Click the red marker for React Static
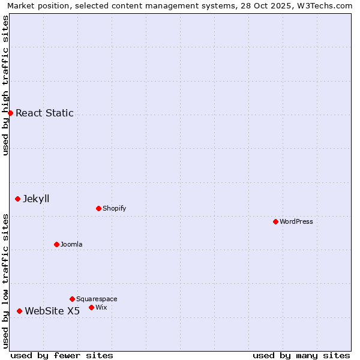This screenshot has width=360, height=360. [x=10, y=113]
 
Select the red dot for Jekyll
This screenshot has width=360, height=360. [x=17, y=199]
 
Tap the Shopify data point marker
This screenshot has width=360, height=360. [x=98, y=208]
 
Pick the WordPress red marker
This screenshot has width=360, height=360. [x=275, y=221]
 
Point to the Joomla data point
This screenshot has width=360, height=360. [x=56, y=244]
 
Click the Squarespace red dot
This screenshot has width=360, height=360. [x=72, y=299]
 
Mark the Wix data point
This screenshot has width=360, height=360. [x=91, y=307]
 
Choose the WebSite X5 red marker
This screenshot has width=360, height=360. [x=19, y=311]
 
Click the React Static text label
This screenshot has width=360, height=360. [x=44, y=113]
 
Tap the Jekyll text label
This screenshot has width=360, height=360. [x=36, y=199]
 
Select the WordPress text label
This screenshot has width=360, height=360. [x=296, y=221]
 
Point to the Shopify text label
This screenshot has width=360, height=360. [x=114, y=208]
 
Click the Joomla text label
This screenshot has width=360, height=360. [x=71, y=244]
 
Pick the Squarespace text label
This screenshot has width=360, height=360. [x=97, y=299]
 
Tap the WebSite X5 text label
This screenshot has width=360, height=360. [x=52, y=311]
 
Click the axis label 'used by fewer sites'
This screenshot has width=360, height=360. [x=62, y=355]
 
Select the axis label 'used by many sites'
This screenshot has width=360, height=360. [x=301, y=355]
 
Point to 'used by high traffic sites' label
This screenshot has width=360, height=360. [x=5, y=85]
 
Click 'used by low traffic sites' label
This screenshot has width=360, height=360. [x=5, y=281]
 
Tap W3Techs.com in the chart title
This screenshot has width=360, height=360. [x=328, y=5]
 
